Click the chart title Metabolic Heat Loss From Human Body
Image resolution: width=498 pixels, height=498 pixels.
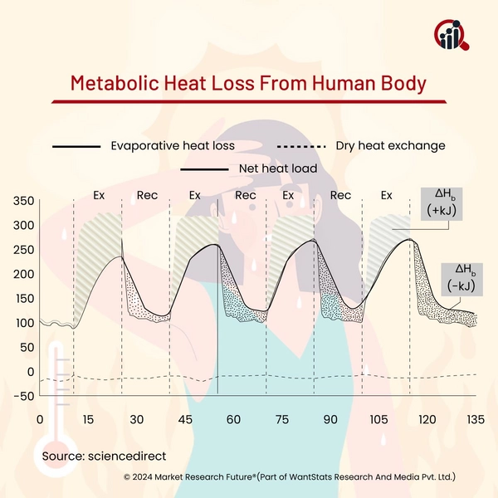(248, 84)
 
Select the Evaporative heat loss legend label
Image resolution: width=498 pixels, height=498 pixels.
(172, 145)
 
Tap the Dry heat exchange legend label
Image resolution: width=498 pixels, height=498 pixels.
(390, 145)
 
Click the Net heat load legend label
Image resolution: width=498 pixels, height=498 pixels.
(278, 168)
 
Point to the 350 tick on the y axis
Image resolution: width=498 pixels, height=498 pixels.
(23, 201)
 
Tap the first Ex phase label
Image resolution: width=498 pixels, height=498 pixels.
(99, 196)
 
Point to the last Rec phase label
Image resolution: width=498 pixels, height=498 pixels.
(340, 196)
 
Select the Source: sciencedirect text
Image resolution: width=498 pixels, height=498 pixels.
(105, 456)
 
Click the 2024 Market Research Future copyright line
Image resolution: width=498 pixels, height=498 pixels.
(290, 478)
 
